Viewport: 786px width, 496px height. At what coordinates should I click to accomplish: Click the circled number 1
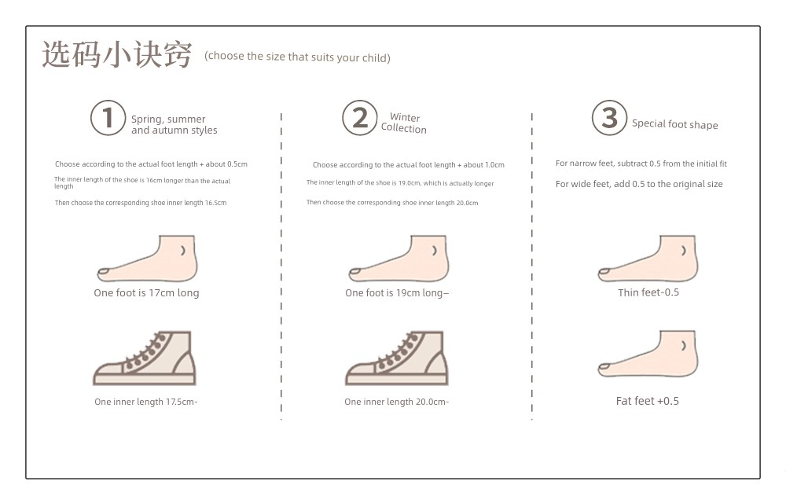coord(108,118)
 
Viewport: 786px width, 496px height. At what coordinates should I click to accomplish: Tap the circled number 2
coord(359,118)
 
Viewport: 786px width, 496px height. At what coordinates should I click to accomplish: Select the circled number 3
coord(609,118)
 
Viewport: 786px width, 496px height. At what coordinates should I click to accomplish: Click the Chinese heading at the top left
coord(117,54)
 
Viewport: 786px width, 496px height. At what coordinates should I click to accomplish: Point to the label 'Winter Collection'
coord(404,123)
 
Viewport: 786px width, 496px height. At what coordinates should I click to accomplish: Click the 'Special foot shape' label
coord(674,124)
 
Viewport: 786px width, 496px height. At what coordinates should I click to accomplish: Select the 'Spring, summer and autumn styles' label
coord(174,124)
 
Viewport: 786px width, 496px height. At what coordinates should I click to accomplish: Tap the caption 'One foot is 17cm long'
coord(146,293)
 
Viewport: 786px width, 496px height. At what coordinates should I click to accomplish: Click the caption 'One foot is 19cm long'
coord(396,293)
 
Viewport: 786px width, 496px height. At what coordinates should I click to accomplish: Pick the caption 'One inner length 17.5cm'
coord(146,402)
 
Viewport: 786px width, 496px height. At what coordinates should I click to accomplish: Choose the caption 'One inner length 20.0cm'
coord(396,402)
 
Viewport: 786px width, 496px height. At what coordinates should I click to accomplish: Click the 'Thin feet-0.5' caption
coord(648,292)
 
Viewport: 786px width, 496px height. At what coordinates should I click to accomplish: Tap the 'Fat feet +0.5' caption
coord(647,401)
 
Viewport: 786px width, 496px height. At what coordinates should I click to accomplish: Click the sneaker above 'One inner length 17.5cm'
coord(145,358)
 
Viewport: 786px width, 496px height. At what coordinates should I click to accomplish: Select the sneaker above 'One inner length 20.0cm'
coord(396,358)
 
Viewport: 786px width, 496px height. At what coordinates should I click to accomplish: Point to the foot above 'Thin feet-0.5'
coord(648,259)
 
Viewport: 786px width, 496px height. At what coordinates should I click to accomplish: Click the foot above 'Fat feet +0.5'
coord(648,354)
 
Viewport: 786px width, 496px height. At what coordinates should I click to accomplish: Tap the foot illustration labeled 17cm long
coord(147,259)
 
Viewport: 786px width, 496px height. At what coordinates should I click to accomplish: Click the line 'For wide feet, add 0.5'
coord(639,184)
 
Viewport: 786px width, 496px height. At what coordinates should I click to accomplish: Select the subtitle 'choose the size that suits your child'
coord(297,57)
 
